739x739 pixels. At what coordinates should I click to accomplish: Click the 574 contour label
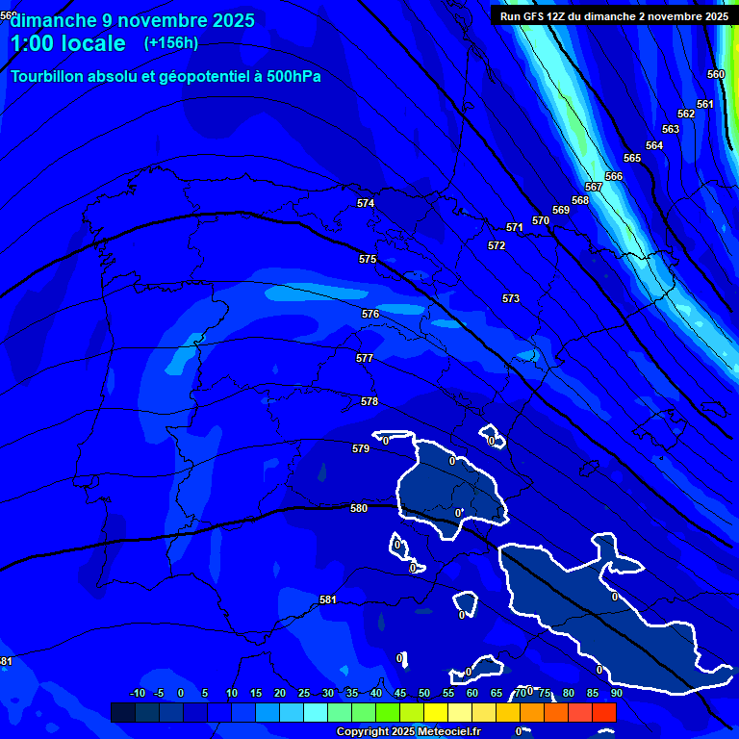[x=366, y=203]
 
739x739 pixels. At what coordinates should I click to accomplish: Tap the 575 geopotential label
[x=368, y=260]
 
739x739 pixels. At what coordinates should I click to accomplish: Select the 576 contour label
[x=370, y=315]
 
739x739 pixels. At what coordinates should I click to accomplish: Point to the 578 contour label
[x=369, y=401]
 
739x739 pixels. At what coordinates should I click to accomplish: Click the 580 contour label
[x=359, y=508]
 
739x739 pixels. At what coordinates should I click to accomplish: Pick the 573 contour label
[x=511, y=299]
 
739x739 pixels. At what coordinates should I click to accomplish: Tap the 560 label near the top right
[x=716, y=74]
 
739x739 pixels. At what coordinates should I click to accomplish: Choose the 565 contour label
[x=632, y=158]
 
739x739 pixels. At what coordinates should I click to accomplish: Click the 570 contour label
[x=541, y=220]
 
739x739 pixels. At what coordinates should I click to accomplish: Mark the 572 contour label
[x=497, y=245]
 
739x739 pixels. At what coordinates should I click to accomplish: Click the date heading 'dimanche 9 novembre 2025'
[x=133, y=20]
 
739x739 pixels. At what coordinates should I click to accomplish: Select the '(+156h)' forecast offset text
[x=171, y=43]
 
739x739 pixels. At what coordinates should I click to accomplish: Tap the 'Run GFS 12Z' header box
[x=614, y=15]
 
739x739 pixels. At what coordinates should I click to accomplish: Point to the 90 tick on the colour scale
[x=616, y=693]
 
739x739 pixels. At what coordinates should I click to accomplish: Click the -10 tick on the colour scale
[x=138, y=693]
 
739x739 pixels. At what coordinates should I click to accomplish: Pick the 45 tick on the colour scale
[x=399, y=693]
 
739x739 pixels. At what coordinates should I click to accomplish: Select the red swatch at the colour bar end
[x=603, y=712]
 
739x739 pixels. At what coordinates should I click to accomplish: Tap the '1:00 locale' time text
[x=67, y=44]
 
